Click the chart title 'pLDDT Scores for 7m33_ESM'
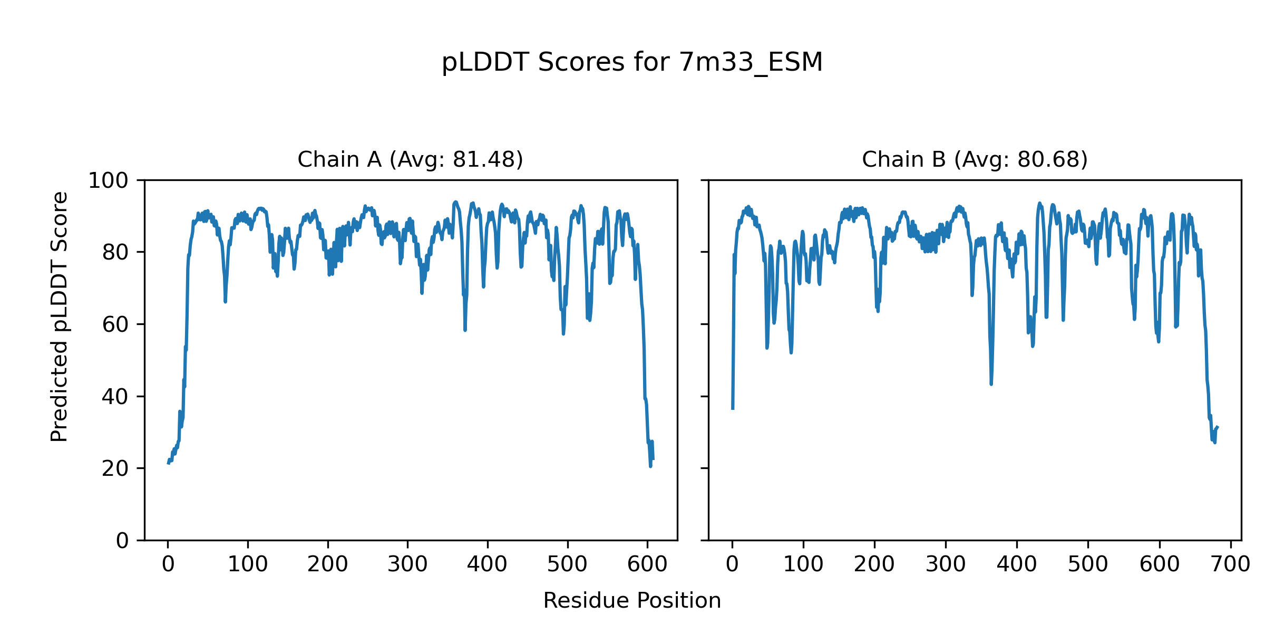tap(632, 62)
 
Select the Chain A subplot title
tap(410, 159)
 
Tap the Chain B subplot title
tap(975, 159)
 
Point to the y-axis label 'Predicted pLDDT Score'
tap(59, 316)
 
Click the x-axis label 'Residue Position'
tap(632, 601)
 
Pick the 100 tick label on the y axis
tap(108, 181)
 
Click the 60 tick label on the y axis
tap(115, 325)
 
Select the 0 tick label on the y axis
tap(122, 541)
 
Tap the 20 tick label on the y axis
tap(115, 469)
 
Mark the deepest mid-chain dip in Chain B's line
tap(991, 383)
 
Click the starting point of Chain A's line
tap(168, 463)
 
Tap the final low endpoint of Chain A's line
tap(653, 459)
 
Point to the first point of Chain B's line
tap(733, 408)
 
